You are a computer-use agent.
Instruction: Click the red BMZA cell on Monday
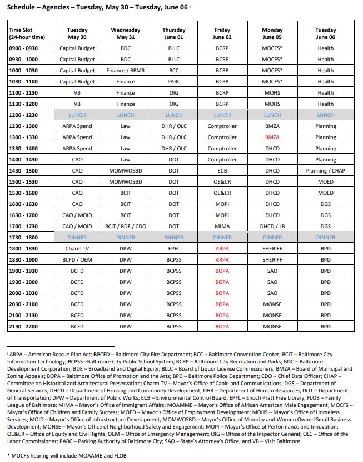pyautogui.click(x=272, y=137)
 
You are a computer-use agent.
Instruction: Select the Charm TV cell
pyautogui.click(x=77, y=248)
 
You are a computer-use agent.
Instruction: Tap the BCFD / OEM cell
pyautogui.click(x=77, y=259)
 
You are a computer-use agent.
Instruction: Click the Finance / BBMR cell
pyautogui.click(x=126, y=70)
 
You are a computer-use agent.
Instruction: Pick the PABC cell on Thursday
pyautogui.click(x=174, y=81)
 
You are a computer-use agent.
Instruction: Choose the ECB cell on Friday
pyautogui.click(x=222, y=170)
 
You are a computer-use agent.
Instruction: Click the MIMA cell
pyautogui.click(x=222, y=226)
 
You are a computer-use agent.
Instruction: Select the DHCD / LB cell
pyautogui.click(x=272, y=226)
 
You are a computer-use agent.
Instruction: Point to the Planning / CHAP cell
pyautogui.click(x=326, y=170)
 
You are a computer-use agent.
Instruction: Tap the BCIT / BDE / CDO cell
pyautogui.click(x=126, y=226)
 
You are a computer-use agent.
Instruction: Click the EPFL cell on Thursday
pyautogui.click(x=174, y=248)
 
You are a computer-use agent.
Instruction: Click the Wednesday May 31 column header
pyautogui.click(x=126, y=33)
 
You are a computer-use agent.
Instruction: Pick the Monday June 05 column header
pyautogui.click(x=272, y=33)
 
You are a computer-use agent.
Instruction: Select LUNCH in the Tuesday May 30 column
pyautogui.click(x=77, y=115)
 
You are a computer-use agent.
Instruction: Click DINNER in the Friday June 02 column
pyautogui.click(x=222, y=237)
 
